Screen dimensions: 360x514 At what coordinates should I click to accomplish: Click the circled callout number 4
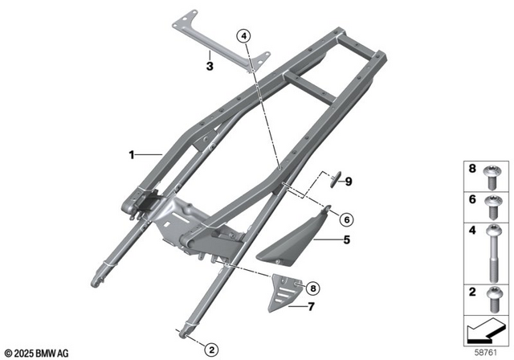coord(244,35)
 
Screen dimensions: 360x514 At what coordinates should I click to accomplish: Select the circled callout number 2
coord(210,350)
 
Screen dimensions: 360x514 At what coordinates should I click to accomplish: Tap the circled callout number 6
coord(345,219)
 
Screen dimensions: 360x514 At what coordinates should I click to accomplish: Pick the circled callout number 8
coord(312,287)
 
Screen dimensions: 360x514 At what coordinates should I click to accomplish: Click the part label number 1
coord(131,152)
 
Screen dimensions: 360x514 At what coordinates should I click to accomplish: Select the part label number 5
coord(347,239)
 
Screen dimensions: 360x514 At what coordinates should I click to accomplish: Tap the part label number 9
coord(349,182)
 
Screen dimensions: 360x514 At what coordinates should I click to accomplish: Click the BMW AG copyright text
coord(36,352)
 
